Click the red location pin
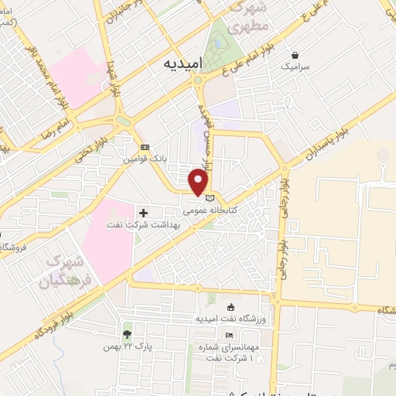(200, 183)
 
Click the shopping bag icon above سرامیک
(295, 55)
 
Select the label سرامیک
(295, 67)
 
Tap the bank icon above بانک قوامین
(145, 147)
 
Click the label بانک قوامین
(145, 159)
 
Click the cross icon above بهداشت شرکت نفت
(143, 212)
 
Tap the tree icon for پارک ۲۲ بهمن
(127, 333)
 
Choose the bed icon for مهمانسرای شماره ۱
(228, 334)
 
